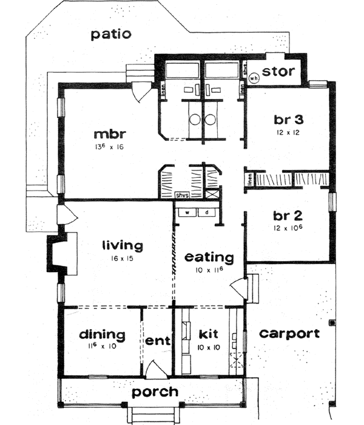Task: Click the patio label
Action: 110,34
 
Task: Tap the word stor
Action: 279,72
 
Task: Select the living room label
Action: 122,246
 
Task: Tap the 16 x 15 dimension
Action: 122,259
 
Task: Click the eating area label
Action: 208,257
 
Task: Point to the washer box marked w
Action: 188,212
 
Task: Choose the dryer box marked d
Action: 207,212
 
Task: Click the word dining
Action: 101,335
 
